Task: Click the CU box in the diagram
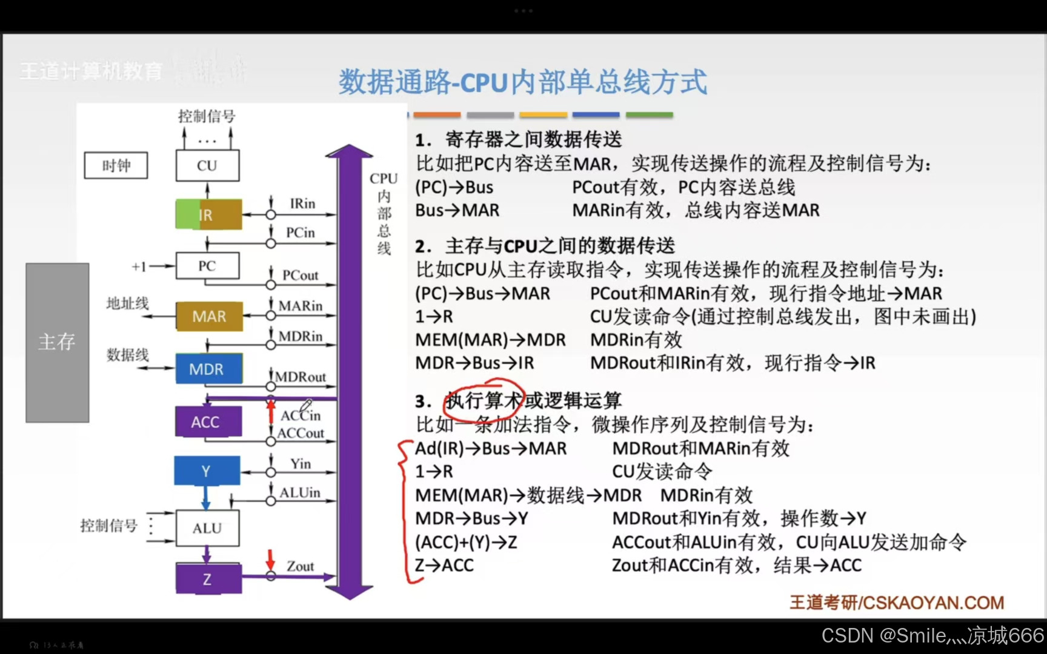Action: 207,165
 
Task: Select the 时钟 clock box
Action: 116,165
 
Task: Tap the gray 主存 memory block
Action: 57,342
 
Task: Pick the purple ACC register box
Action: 208,421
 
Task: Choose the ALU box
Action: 207,528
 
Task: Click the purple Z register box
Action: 208,579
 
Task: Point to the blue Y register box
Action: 207,471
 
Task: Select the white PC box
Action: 207,266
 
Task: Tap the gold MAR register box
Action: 209,316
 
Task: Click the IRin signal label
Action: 302,203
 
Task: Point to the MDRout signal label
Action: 301,377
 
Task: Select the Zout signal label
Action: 301,566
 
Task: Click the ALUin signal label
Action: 300,492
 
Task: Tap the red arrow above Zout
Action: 271,559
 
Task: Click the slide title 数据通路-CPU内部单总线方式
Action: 522,82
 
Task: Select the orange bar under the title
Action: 437,114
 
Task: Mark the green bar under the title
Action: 649,114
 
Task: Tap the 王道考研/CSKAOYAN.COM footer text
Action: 897,603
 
